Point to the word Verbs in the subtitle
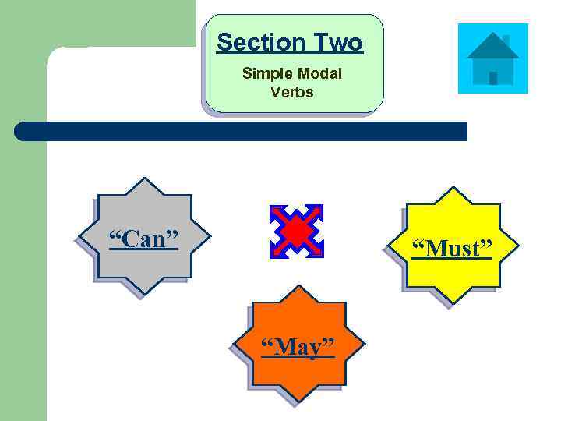click(x=292, y=92)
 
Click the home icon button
click(x=492, y=58)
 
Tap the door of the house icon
click(x=492, y=77)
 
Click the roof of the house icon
click(x=492, y=45)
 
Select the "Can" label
click(x=143, y=239)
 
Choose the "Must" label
click(x=452, y=249)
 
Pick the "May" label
click(x=297, y=347)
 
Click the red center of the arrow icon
click(x=296, y=232)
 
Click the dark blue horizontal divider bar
click(x=242, y=131)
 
